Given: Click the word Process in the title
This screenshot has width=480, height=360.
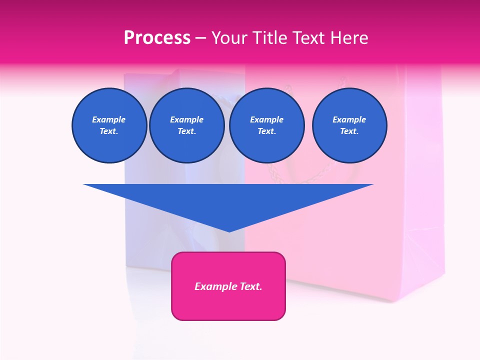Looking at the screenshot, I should [x=157, y=38].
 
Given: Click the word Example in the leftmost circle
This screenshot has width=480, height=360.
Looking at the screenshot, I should [x=109, y=119].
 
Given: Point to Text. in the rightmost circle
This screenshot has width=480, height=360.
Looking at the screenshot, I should [x=349, y=131].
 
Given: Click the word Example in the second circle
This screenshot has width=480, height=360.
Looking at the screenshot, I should [x=186, y=119].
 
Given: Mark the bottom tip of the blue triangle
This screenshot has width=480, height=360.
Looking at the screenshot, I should [x=229, y=231].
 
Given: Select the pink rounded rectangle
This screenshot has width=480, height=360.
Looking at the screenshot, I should [x=228, y=305].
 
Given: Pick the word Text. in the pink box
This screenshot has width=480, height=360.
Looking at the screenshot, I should [x=251, y=286].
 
